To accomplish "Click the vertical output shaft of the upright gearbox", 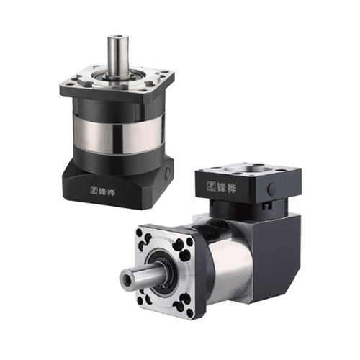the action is click(x=117, y=55).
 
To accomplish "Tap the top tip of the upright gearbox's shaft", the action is click(x=117, y=35).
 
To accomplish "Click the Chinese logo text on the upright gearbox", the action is click(x=106, y=189).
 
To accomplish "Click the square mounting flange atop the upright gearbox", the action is click(x=117, y=83).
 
